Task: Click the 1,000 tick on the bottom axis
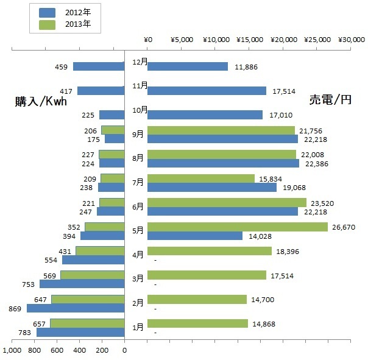[12, 351]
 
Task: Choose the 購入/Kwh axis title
[41, 102]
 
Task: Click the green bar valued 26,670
[238, 227]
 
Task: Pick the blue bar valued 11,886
[188, 66]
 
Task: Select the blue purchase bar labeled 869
[76, 308]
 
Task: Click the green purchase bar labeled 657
[87, 323]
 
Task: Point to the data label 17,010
[278, 115]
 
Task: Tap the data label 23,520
[322, 203]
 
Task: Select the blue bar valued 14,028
[195, 236]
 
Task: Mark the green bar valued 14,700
[197, 299]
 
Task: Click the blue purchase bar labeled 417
[101, 91]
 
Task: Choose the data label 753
[27, 284]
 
